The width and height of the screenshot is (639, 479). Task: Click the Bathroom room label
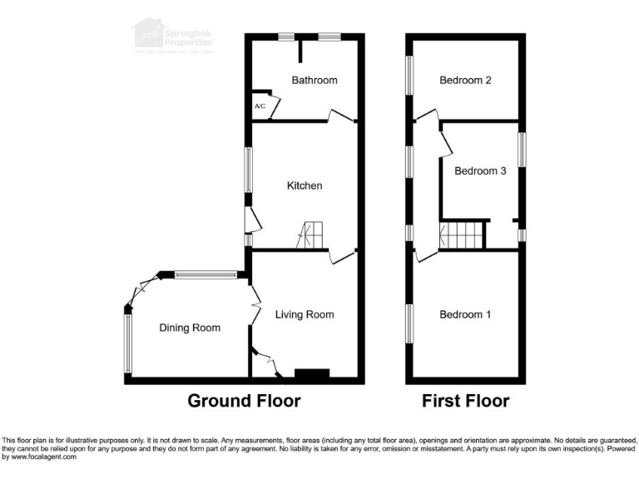pyautogui.click(x=315, y=81)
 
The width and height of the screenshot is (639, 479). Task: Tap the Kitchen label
pyautogui.click(x=305, y=185)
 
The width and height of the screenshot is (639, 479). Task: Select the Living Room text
pyautogui.click(x=305, y=314)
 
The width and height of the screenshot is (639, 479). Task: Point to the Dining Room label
pyautogui.click(x=190, y=328)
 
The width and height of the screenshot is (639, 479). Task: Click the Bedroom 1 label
pyautogui.click(x=465, y=314)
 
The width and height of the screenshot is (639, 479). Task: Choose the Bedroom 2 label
pyautogui.click(x=465, y=81)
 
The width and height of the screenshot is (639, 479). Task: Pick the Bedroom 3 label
pyautogui.click(x=480, y=171)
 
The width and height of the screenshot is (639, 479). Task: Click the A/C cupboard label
pyautogui.click(x=260, y=106)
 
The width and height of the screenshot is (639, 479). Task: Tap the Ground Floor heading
pyautogui.click(x=244, y=402)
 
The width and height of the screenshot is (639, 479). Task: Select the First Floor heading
pyautogui.click(x=465, y=402)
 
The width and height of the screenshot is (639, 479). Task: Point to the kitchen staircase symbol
pyautogui.click(x=311, y=235)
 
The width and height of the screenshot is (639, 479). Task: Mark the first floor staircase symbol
pyautogui.click(x=462, y=235)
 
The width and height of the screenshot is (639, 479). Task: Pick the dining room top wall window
pyautogui.click(x=206, y=274)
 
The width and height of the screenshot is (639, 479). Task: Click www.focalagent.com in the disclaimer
pyautogui.click(x=40, y=457)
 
